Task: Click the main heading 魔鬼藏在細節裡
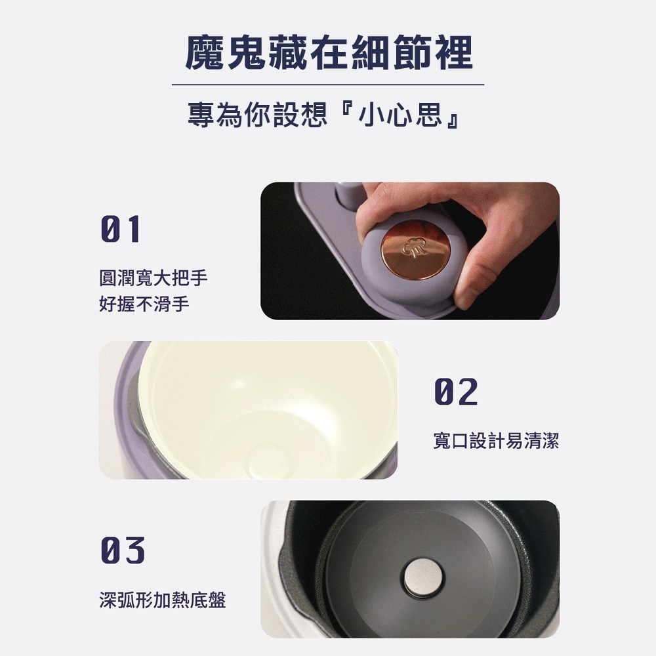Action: click(328, 52)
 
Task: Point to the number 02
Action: click(455, 392)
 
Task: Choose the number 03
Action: click(121, 550)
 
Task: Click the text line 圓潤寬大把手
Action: click(154, 279)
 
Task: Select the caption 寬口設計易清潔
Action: click(496, 441)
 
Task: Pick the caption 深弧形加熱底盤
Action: click(162, 600)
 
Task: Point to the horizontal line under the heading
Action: click(328, 85)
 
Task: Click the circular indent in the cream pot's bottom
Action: click(269, 458)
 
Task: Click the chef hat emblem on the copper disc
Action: click(413, 247)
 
